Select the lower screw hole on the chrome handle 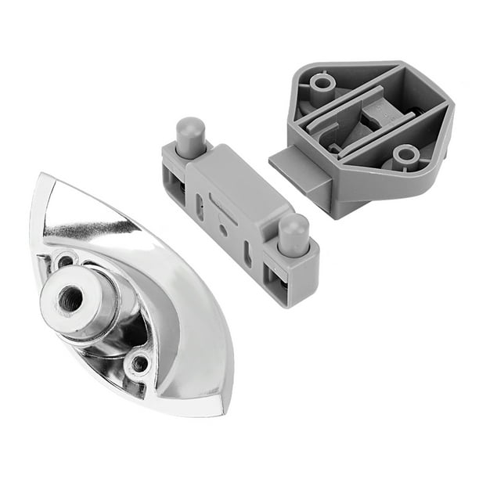(140, 362)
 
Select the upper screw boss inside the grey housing (322, 82)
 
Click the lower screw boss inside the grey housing (405, 155)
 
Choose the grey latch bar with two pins (235, 211)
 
